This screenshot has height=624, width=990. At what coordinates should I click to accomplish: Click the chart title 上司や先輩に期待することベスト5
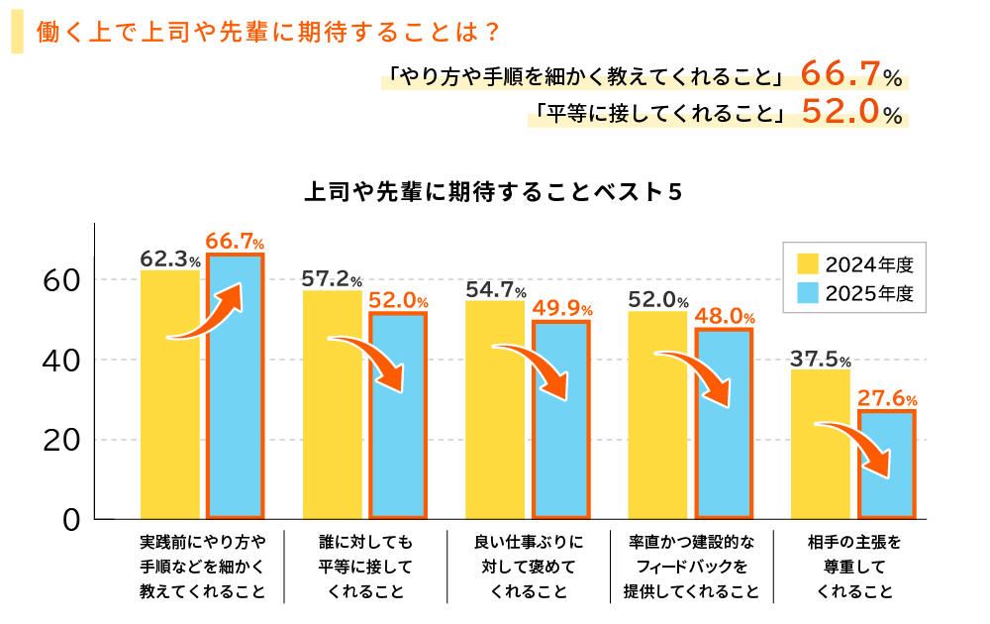point(494,192)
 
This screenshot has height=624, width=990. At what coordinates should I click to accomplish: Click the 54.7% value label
point(495,290)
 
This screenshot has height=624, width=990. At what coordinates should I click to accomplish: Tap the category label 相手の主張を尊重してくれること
point(854,568)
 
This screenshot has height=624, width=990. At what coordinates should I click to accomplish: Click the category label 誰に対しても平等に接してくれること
point(365,568)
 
